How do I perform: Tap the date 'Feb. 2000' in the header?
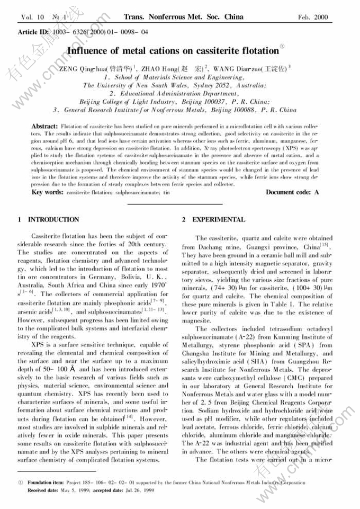click(x=313, y=17)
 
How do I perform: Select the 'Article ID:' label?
click(x=35, y=32)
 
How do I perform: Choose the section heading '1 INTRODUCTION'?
click(x=48, y=219)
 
